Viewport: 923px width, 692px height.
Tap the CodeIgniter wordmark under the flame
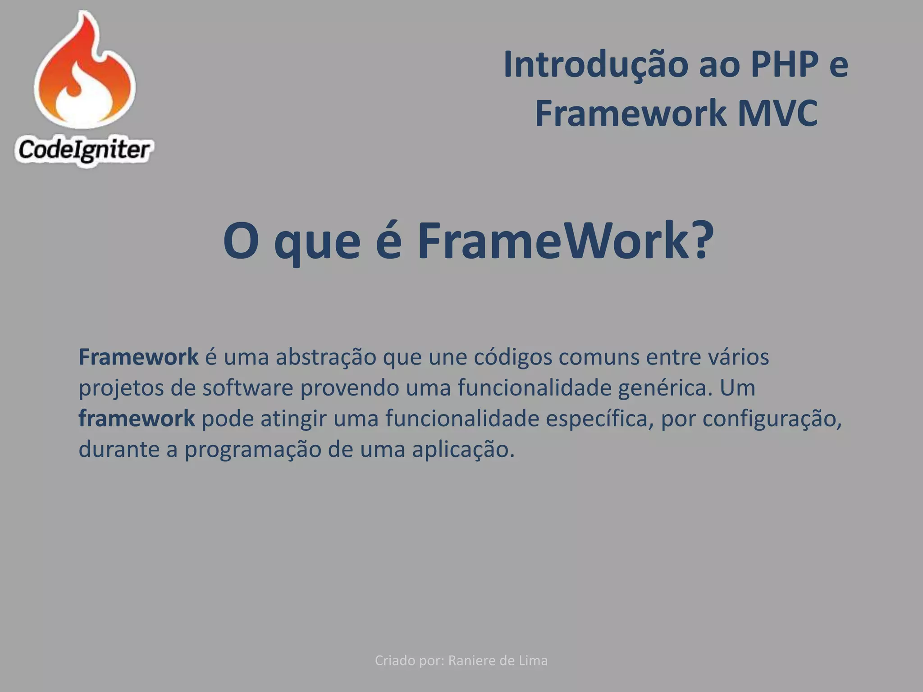point(84,150)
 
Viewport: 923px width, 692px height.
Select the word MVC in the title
point(777,114)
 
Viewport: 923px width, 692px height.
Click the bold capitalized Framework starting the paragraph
point(138,357)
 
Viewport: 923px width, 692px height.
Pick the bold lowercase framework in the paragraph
point(137,419)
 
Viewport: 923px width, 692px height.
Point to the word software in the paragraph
point(248,388)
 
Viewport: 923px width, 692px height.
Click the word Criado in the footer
point(395,660)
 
